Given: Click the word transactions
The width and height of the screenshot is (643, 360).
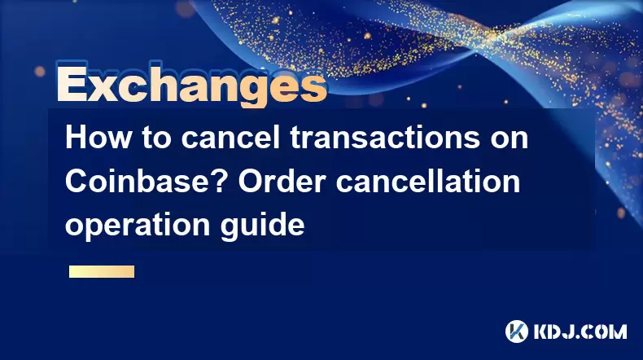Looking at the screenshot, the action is pos(386,138).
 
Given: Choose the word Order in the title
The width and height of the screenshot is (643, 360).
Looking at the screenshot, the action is pos(282,181).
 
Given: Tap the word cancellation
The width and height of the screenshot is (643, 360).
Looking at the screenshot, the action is pos(428,181).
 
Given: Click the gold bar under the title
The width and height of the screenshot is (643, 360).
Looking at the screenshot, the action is pos(102,272).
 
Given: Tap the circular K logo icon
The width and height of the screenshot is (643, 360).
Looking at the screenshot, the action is pos(517,331).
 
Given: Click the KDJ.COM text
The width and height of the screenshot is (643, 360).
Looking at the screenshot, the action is pos(580,331).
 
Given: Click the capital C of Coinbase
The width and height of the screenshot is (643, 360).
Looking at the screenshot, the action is pos(76,181).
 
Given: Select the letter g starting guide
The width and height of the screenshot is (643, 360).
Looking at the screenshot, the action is pos(230,228).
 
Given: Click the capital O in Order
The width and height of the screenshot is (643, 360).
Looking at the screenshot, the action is pos(251,181).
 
